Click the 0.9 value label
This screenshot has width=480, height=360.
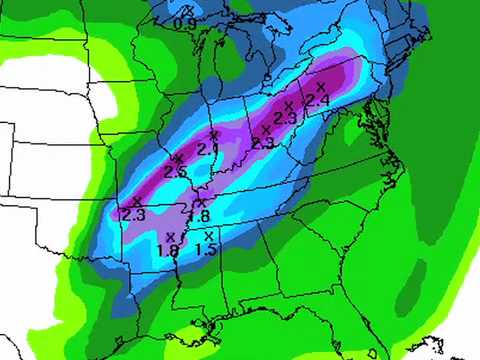[184, 23]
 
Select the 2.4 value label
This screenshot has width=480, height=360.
[317, 100]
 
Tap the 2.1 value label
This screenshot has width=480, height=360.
[208, 149]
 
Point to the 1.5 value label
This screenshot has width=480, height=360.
[206, 248]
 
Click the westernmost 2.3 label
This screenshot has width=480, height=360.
[133, 213]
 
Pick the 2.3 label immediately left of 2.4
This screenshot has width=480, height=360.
[285, 118]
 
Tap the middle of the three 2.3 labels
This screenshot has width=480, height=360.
[263, 143]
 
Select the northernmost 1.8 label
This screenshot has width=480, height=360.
[198, 216]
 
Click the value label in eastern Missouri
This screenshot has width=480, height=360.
[175, 172]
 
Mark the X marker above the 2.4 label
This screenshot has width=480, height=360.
[320, 87]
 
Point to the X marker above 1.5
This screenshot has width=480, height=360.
[208, 235]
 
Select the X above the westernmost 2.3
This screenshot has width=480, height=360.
[137, 201]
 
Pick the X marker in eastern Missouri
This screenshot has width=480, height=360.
[179, 158]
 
